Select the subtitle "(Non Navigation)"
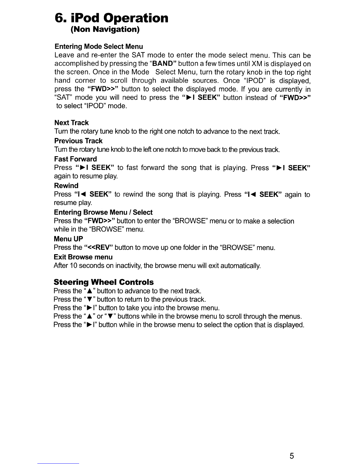tap(105, 30)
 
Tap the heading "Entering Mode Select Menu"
tap(99, 46)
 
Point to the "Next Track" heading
tap(71, 123)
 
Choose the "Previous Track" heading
tap(78, 141)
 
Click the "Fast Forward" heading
tap(75, 159)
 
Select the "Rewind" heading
tap(66, 186)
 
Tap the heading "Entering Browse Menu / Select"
tap(103, 212)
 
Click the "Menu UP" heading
tap(68, 239)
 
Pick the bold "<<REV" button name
tap(96, 248)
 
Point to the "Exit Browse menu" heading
tap(83, 257)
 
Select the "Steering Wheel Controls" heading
tap(104, 282)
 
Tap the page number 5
tap(291, 456)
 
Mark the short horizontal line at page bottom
tap(59, 463)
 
